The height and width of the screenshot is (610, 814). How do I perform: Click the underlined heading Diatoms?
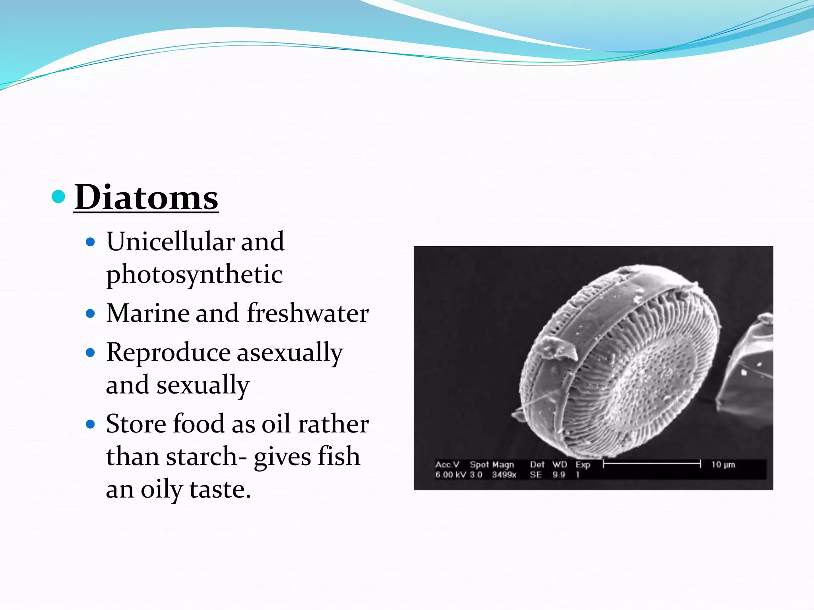tap(146, 197)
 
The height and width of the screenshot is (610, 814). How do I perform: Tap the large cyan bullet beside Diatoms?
tap(58, 196)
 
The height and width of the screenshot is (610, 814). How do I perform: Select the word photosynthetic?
tap(194, 274)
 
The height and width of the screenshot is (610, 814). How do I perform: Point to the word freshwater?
tap(308, 313)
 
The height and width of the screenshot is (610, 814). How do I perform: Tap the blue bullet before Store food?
tap(91, 424)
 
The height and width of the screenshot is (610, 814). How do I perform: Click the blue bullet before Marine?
tap(91, 314)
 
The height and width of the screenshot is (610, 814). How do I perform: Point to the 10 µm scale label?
tap(723, 464)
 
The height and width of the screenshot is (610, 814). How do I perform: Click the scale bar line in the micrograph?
tap(652, 463)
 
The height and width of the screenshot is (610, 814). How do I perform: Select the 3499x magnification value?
tap(504, 475)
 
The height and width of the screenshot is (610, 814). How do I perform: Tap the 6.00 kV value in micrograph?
tap(450, 475)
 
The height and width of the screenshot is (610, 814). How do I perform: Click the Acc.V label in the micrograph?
tap(447, 464)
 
